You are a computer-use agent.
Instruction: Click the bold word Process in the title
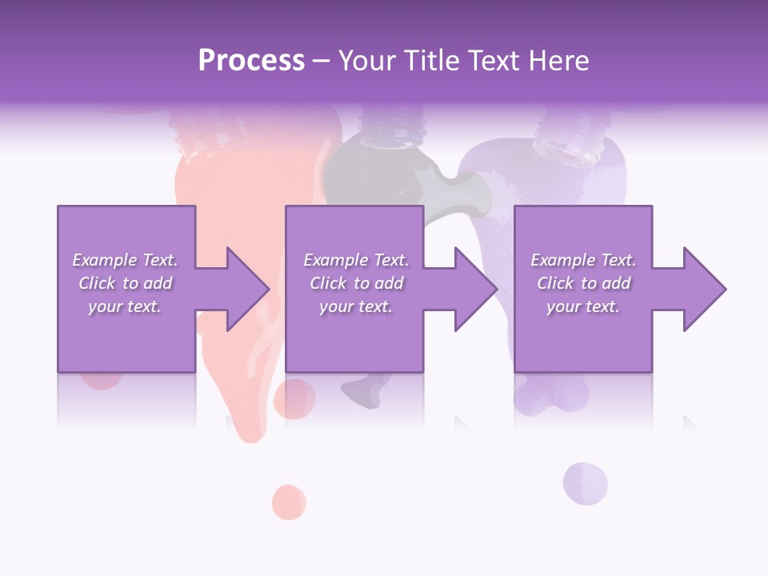(x=251, y=61)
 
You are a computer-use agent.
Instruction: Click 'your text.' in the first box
(x=125, y=306)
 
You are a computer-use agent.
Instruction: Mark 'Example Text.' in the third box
(x=583, y=260)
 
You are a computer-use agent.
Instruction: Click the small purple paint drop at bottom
(x=585, y=483)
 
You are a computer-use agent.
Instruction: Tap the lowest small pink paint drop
(x=289, y=502)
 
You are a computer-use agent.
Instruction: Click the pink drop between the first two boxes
(x=294, y=398)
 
